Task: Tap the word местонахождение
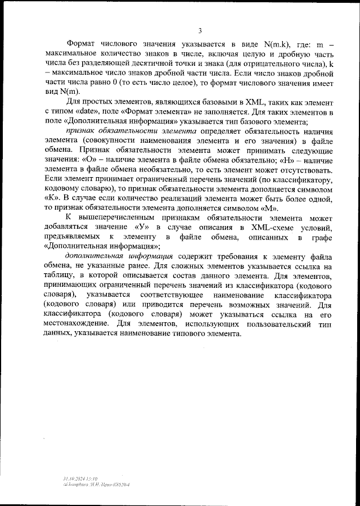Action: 78,324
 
